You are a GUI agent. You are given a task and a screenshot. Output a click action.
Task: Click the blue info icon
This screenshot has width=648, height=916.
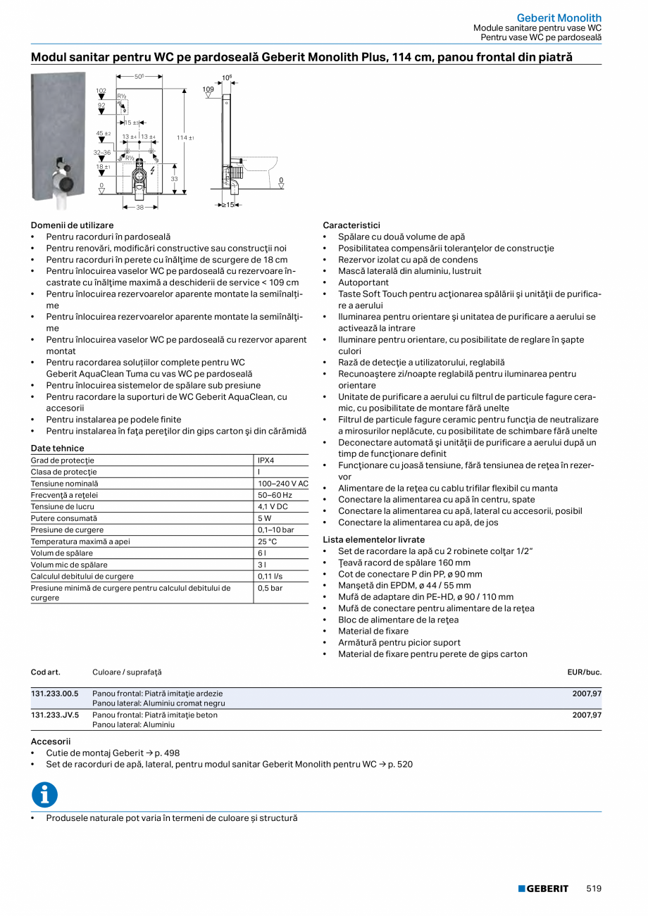[x=44, y=794]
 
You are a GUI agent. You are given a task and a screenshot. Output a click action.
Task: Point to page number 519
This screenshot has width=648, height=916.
[x=594, y=889]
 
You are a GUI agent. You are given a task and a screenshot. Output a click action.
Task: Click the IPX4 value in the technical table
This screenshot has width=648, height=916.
[x=266, y=460]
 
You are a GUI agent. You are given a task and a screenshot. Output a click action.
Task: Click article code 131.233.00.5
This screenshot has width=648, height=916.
[x=55, y=694]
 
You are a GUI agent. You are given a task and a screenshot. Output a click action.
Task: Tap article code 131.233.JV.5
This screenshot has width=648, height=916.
[x=55, y=715]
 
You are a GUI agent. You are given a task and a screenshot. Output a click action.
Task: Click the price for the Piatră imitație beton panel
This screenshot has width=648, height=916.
[x=587, y=715]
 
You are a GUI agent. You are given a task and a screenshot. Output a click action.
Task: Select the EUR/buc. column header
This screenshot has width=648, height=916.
[x=584, y=672]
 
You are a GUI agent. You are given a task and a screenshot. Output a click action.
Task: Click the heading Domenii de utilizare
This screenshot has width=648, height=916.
[x=72, y=225]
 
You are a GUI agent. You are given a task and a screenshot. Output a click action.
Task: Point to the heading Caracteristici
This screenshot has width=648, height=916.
[x=351, y=225]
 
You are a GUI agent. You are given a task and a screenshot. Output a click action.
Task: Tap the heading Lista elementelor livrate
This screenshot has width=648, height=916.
[x=374, y=540]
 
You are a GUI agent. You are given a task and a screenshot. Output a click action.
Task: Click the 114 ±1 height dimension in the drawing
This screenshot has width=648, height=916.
[x=185, y=138]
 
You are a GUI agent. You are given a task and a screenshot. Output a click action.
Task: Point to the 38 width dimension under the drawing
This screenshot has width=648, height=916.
[x=139, y=207]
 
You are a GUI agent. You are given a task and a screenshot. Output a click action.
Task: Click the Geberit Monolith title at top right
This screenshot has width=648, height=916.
[x=559, y=18]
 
